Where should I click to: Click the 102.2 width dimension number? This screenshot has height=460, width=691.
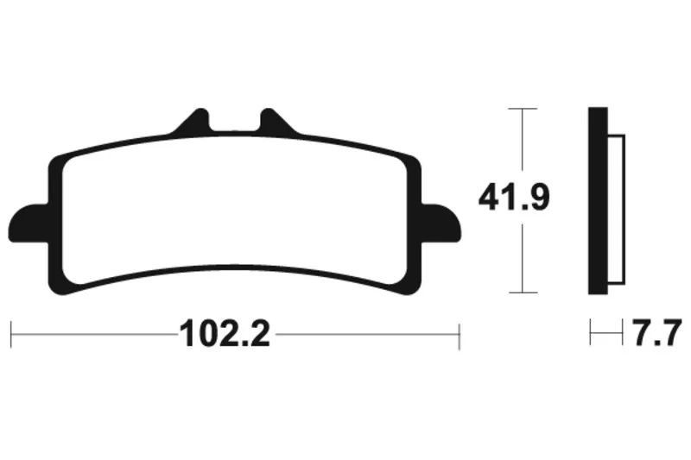225,334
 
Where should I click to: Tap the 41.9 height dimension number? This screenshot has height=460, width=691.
514,198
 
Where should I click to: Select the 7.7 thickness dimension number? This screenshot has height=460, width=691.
657,334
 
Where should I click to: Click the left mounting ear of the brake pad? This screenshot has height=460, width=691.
29,224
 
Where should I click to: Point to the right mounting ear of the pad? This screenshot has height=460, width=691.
441,224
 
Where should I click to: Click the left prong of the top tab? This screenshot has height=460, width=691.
193,120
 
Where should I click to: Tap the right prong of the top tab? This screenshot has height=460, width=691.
276,120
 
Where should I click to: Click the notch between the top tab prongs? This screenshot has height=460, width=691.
235,123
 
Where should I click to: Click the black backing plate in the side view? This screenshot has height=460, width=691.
598,201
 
